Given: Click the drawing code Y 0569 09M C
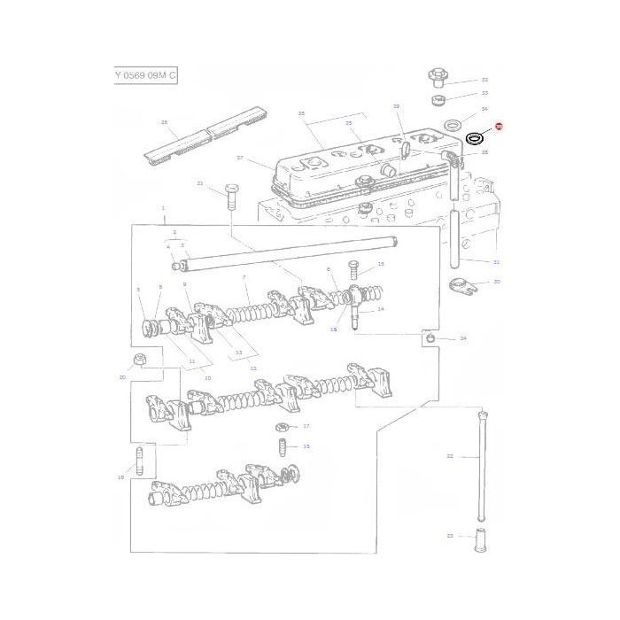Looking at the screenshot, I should [x=145, y=76].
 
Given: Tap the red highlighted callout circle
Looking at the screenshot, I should [x=498, y=128].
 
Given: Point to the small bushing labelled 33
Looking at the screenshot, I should [x=437, y=96].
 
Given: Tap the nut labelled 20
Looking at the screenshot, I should [x=139, y=359].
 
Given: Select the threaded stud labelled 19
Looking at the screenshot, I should [x=140, y=461].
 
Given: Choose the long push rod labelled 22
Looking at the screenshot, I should [x=483, y=465].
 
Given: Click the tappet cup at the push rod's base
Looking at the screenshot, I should [x=484, y=539].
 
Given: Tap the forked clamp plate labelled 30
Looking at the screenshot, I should [x=461, y=285].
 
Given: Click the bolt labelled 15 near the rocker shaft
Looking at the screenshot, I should [x=353, y=266].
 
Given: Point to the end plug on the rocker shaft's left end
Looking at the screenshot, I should [x=174, y=264].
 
